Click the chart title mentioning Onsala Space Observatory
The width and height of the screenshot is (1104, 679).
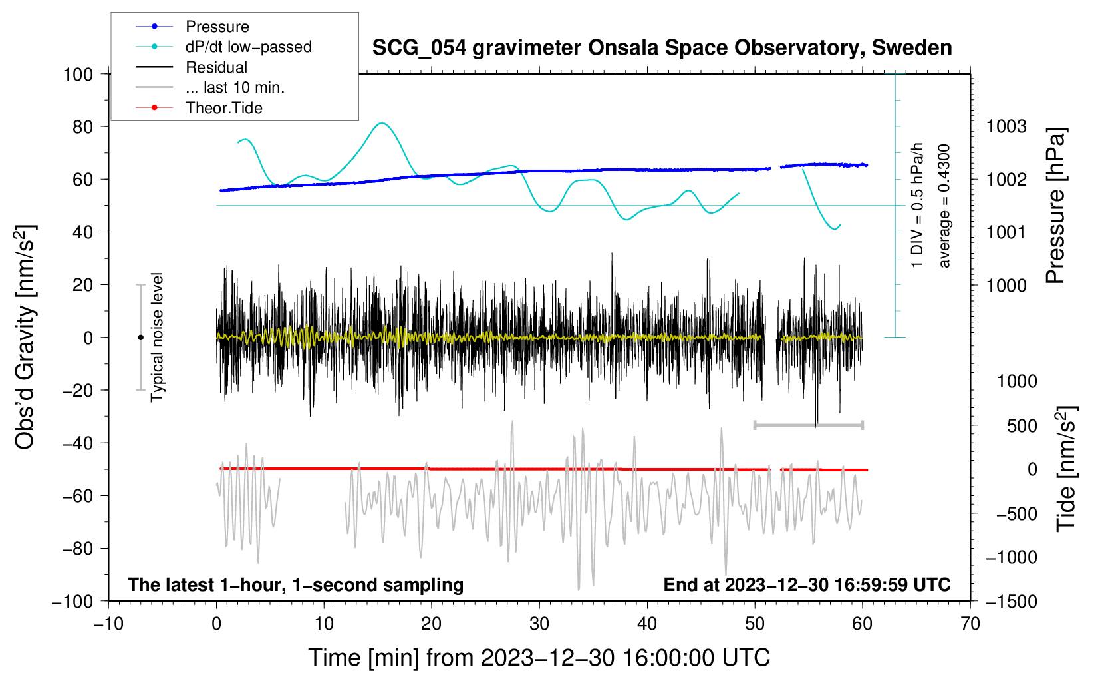click(662, 48)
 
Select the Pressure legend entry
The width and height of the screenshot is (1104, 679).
click(217, 27)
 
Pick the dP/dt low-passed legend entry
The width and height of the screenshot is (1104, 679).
click(248, 47)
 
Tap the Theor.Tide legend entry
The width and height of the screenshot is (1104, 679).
click(223, 108)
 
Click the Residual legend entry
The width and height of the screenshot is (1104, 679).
click(216, 67)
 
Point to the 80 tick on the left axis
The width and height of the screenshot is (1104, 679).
click(82, 126)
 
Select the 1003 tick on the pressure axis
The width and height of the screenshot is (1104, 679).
click(1006, 126)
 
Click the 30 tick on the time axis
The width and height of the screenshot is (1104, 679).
click(539, 624)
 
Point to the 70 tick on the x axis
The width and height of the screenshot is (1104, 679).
click(970, 624)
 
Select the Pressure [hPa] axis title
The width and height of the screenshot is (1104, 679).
click(1055, 206)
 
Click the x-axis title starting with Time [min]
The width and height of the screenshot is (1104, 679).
click(539, 658)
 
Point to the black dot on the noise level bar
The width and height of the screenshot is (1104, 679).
click(140, 338)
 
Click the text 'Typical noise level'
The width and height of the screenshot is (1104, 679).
click(157, 337)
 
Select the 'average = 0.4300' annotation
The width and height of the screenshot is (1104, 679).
click(944, 206)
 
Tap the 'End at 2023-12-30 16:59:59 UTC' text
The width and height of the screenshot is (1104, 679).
click(807, 584)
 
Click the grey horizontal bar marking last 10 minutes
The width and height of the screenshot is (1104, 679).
click(808, 425)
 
